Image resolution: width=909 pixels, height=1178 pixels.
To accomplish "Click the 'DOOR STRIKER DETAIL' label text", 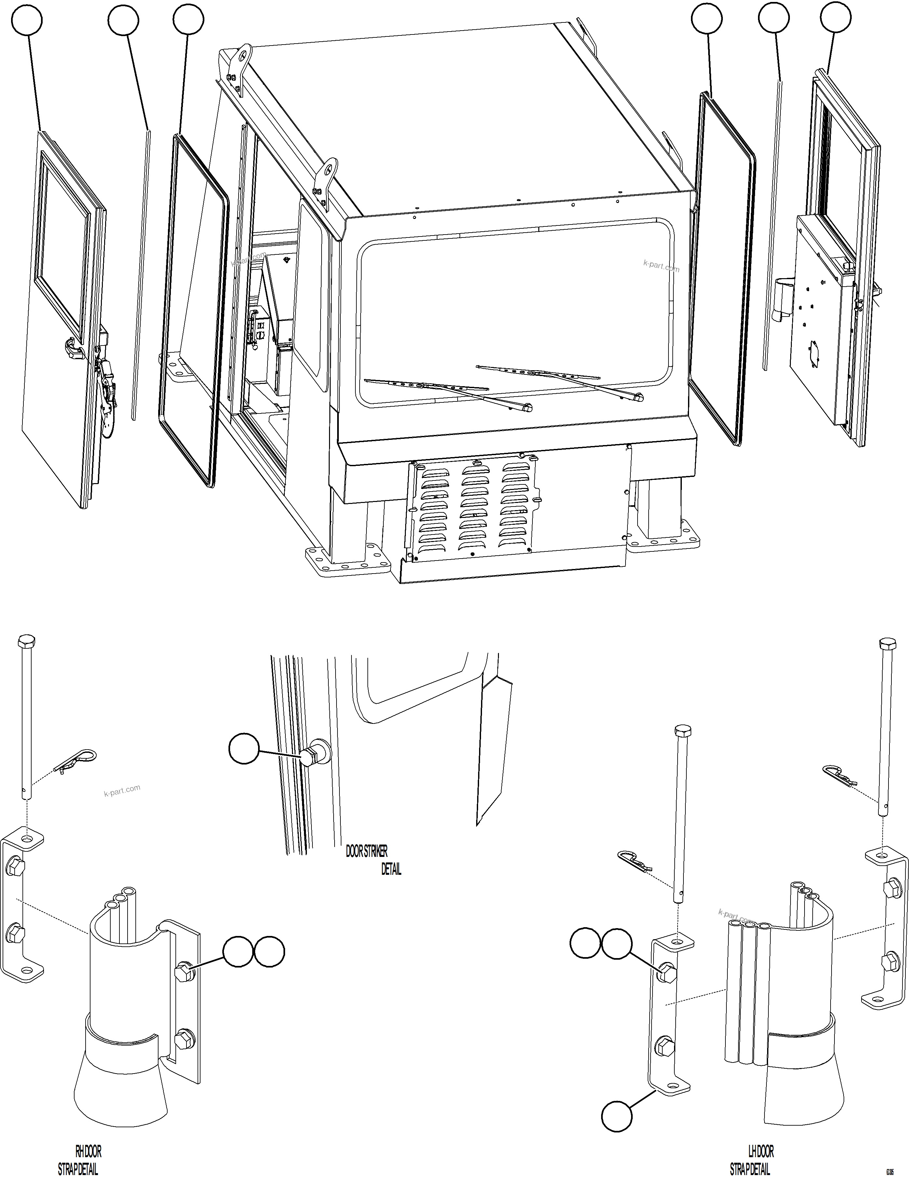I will (x=372, y=860).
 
